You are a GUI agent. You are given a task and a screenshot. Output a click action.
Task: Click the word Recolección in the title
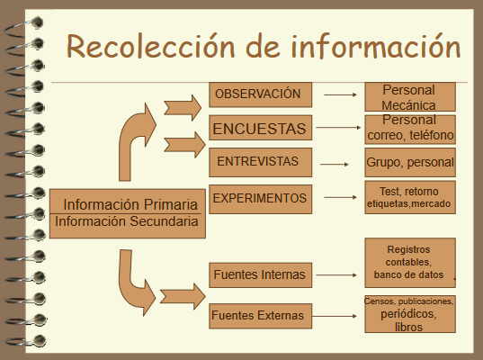(150, 46)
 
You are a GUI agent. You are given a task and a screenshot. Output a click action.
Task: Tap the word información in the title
(376, 46)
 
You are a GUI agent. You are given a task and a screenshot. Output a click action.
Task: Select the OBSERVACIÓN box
(260, 94)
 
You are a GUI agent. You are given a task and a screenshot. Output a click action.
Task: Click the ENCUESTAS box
(260, 128)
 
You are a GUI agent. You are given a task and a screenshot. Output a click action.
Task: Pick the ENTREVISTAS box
(260, 162)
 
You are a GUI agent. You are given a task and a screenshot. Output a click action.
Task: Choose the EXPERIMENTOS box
(260, 199)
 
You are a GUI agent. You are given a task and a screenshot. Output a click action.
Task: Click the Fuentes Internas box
(260, 274)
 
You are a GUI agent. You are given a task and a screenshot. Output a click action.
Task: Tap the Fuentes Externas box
(260, 316)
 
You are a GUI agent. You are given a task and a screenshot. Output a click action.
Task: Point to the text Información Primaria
(130, 204)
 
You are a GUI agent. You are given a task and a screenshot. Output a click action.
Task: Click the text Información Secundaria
(126, 221)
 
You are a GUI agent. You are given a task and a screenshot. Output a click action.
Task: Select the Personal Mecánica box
(410, 97)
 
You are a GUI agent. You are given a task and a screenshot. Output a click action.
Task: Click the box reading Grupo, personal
(410, 162)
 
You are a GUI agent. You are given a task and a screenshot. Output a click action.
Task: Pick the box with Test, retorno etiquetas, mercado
(410, 197)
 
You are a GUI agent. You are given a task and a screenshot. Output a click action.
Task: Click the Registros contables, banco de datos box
(410, 263)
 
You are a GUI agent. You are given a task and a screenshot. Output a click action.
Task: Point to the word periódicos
(408, 314)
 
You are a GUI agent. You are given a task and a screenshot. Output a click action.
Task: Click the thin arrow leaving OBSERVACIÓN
(340, 94)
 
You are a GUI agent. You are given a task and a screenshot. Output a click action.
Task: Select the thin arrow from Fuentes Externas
(335, 316)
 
